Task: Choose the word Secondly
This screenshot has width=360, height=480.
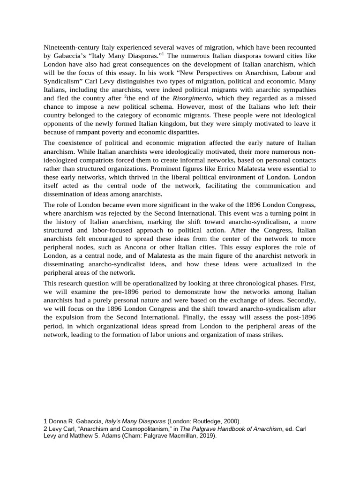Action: [x=301, y=300]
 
